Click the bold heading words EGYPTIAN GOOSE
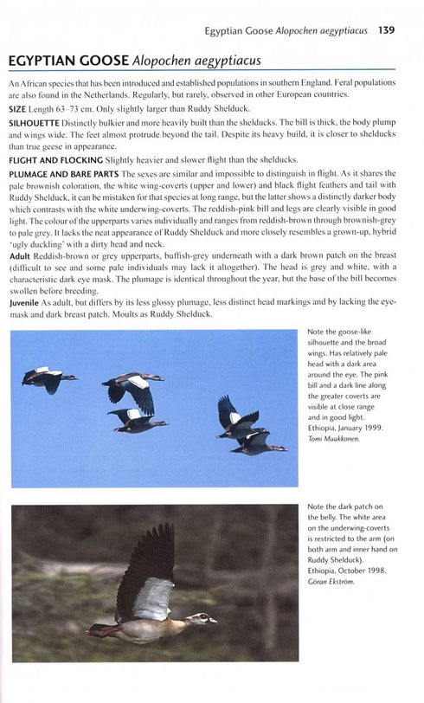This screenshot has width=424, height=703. click(65, 61)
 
